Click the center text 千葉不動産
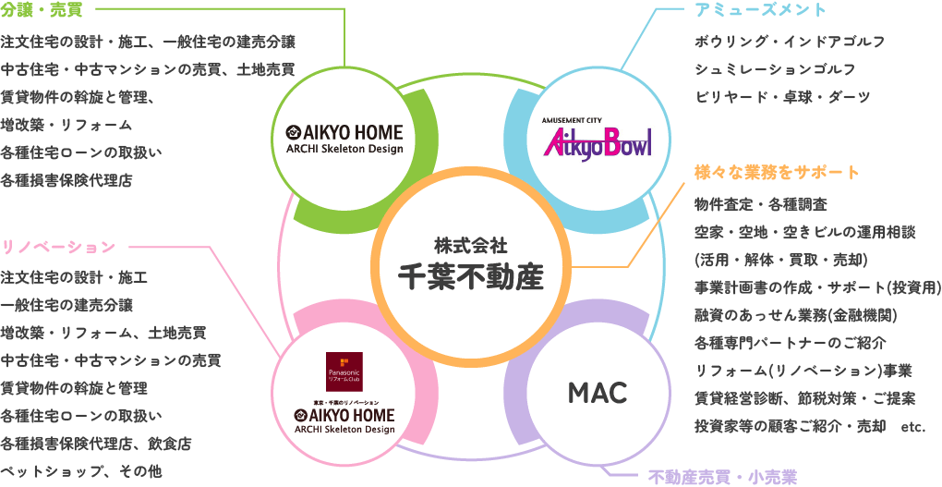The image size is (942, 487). pyautogui.click(x=470, y=275)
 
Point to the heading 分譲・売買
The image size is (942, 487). pyautogui.click(x=43, y=11)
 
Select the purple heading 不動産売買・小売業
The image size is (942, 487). pyautogui.click(x=722, y=477)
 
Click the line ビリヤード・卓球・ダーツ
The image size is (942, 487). pyautogui.click(x=782, y=97)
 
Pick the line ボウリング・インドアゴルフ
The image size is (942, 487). pyautogui.click(x=790, y=42)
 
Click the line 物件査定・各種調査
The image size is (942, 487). pyautogui.click(x=760, y=203)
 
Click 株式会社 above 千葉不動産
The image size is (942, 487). pyautogui.click(x=470, y=245)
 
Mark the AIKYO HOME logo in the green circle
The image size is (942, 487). pyautogui.click(x=344, y=139)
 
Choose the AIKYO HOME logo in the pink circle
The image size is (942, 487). pyautogui.click(x=344, y=420)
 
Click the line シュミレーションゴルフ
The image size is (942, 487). pyautogui.click(x=775, y=69)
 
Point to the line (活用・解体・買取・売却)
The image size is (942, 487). pyautogui.click(x=779, y=260)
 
